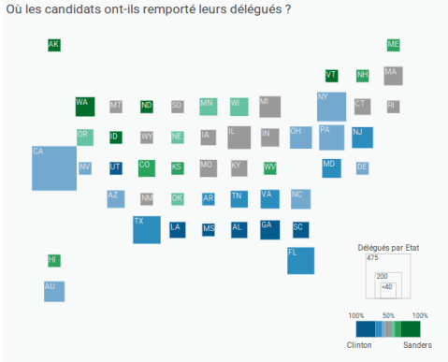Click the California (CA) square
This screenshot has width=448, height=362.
click(x=54, y=167)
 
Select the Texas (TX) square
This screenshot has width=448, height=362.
click(x=146, y=229)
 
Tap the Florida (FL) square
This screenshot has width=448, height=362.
click(x=300, y=260)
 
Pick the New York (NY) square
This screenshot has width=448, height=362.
click(x=331, y=107)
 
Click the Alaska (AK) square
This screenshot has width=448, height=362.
click(x=53, y=45)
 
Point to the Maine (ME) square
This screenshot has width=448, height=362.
click(x=393, y=45)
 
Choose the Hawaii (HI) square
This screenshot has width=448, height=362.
click(x=53, y=259)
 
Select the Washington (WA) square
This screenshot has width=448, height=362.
click(x=85, y=106)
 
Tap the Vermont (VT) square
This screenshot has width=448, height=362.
click(x=331, y=76)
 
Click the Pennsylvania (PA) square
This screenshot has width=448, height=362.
click(x=331, y=137)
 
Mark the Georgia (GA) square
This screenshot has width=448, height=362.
click(x=269, y=229)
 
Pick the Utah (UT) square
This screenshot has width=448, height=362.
click(x=115, y=168)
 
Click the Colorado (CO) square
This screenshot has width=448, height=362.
click(x=146, y=167)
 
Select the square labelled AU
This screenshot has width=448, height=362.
click(x=54, y=291)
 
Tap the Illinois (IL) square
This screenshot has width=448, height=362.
click(x=238, y=137)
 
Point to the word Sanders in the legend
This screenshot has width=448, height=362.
click(x=417, y=344)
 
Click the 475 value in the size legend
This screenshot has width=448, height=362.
click(x=372, y=258)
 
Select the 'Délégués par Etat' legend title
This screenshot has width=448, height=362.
click(x=387, y=247)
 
